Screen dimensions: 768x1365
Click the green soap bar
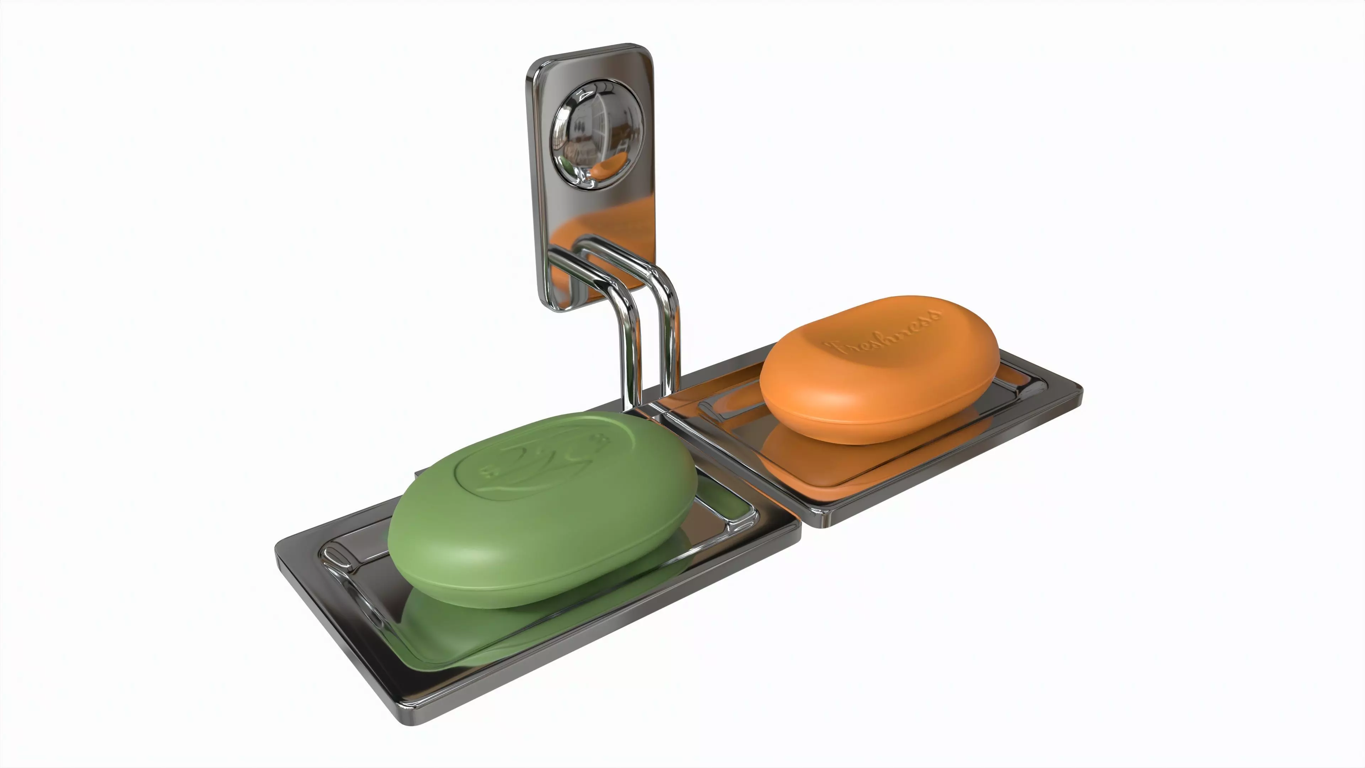click(x=540, y=519)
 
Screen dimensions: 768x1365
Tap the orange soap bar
click(x=880, y=371)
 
